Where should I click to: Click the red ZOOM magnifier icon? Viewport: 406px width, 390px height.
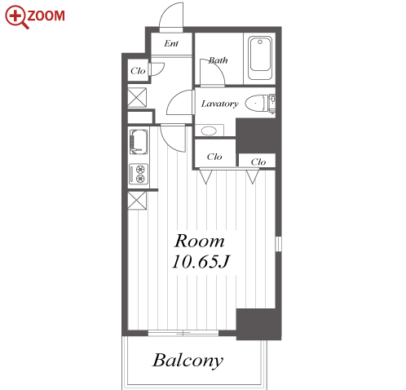(15, 17)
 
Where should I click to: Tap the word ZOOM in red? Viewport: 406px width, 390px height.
(46, 16)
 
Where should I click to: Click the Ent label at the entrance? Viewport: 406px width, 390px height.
(171, 43)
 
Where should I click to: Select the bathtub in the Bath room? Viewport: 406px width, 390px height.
(260, 58)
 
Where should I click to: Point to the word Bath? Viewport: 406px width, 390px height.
(218, 60)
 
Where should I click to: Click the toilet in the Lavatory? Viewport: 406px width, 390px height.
(260, 104)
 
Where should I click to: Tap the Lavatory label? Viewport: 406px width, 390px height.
(220, 104)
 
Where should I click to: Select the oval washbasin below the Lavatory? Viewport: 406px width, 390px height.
(210, 131)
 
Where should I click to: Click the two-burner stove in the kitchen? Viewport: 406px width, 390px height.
(139, 174)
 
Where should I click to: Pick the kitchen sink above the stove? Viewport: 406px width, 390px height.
(139, 141)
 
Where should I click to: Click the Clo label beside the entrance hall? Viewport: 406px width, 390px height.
(138, 71)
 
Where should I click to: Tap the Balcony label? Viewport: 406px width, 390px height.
(188, 361)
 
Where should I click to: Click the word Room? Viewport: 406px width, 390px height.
(200, 241)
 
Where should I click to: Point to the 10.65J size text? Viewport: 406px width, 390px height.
(201, 262)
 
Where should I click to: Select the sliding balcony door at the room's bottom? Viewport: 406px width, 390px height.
(183, 333)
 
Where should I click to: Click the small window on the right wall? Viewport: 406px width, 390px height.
(278, 244)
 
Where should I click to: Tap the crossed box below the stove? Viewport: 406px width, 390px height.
(137, 201)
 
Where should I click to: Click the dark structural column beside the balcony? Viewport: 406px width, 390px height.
(258, 324)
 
